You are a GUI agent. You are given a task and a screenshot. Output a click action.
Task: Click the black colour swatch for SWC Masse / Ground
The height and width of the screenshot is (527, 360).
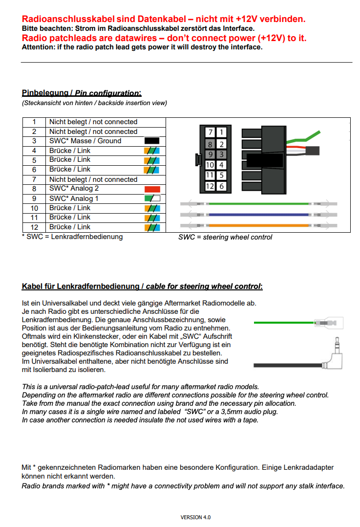(x=152, y=141)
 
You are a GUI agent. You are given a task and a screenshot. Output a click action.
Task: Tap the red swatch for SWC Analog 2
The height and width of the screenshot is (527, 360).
(x=152, y=189)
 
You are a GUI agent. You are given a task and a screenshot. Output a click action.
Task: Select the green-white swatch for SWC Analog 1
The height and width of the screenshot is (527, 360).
(x=152, y=198)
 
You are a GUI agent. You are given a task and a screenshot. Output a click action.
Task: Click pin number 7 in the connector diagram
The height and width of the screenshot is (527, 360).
(x=210, y=132)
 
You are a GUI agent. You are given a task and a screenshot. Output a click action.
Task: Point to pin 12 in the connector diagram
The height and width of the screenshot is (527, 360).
(x=210, y=186)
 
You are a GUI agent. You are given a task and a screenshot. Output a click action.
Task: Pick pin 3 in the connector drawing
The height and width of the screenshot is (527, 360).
(x=221, y=154)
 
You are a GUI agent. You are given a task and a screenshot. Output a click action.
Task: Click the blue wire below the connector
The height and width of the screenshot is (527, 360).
(x=258, y=215)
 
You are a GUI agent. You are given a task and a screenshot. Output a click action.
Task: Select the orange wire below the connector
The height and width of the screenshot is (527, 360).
(x=258, y=225)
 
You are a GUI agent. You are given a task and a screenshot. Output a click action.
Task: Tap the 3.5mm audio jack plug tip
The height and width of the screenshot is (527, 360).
(x=337, y=341)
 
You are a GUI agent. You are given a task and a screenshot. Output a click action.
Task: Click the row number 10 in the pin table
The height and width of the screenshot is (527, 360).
(x=34, y=208)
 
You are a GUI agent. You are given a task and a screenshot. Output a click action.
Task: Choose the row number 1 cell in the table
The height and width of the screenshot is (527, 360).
(x=34, y=122)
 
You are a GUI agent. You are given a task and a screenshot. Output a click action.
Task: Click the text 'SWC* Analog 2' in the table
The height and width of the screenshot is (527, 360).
(x=74, y=189)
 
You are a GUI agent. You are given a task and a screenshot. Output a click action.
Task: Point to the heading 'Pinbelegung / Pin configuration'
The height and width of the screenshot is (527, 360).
(x=82, y=93)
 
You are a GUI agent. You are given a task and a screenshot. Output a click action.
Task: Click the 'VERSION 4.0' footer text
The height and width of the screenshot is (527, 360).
(x=195, y=517)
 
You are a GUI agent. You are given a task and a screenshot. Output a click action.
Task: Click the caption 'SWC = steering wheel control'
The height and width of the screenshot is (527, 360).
(x=225, y=237)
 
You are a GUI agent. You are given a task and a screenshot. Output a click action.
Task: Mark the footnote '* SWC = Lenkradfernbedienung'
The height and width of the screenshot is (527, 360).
(x=72, y=237)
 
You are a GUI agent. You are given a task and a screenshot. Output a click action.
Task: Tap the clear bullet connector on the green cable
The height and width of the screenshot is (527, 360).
(x=329, y=323)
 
